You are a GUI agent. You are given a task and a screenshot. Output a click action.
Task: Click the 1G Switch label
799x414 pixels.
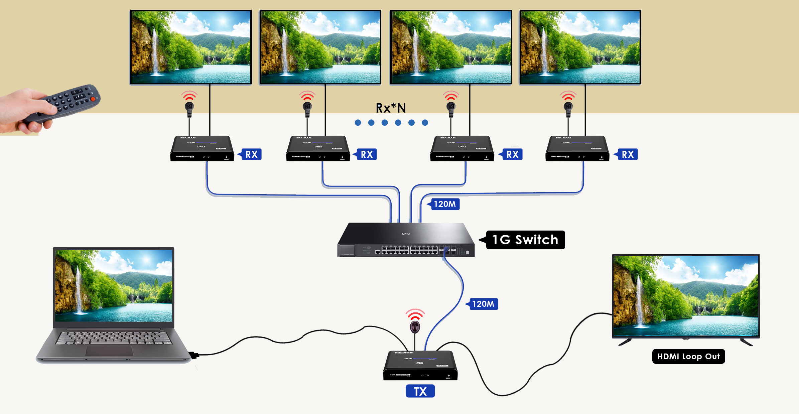[x=525, y=240]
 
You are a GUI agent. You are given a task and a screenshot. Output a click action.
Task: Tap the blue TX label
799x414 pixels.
[x=420, y=391]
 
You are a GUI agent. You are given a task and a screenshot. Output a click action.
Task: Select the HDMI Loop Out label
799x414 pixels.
[x=688, y=357]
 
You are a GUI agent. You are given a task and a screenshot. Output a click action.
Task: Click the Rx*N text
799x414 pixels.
[x=391, y=108]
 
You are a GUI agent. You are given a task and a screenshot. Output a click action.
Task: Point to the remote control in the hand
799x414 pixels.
[x=67, y=102]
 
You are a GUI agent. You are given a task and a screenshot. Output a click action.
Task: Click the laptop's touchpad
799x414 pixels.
[x=109, y=351]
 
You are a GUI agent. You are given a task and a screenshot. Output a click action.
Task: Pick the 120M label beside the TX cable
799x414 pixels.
[x=483, y=304]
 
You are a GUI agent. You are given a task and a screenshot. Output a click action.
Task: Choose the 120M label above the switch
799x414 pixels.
[x=444, y=204]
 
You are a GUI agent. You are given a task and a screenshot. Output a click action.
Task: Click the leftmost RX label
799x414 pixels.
[x=251, y=154]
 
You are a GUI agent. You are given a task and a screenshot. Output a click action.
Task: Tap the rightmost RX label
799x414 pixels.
[x=628, y=154]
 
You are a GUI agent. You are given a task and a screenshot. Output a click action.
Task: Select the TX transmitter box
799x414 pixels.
[x=420, y=366]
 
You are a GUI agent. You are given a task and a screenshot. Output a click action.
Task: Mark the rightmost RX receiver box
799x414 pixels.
[x=577, y=149]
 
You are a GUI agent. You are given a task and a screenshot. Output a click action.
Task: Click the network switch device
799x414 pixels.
[x=406, y=241]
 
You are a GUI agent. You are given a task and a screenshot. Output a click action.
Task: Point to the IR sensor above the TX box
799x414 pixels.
[x=415, y=326]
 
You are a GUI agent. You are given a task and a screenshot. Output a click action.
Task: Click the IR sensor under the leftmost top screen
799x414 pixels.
[x=189, y=107]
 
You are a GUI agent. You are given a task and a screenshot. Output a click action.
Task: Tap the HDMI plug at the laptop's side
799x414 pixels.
[x=194, y=355]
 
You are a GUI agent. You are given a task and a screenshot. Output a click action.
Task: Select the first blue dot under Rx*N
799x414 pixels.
[x=358, y=123]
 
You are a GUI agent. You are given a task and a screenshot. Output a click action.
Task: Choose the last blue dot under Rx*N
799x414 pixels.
[x=425, y=123]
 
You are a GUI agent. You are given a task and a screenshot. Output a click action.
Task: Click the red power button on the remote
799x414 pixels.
[x=93, y=99]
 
